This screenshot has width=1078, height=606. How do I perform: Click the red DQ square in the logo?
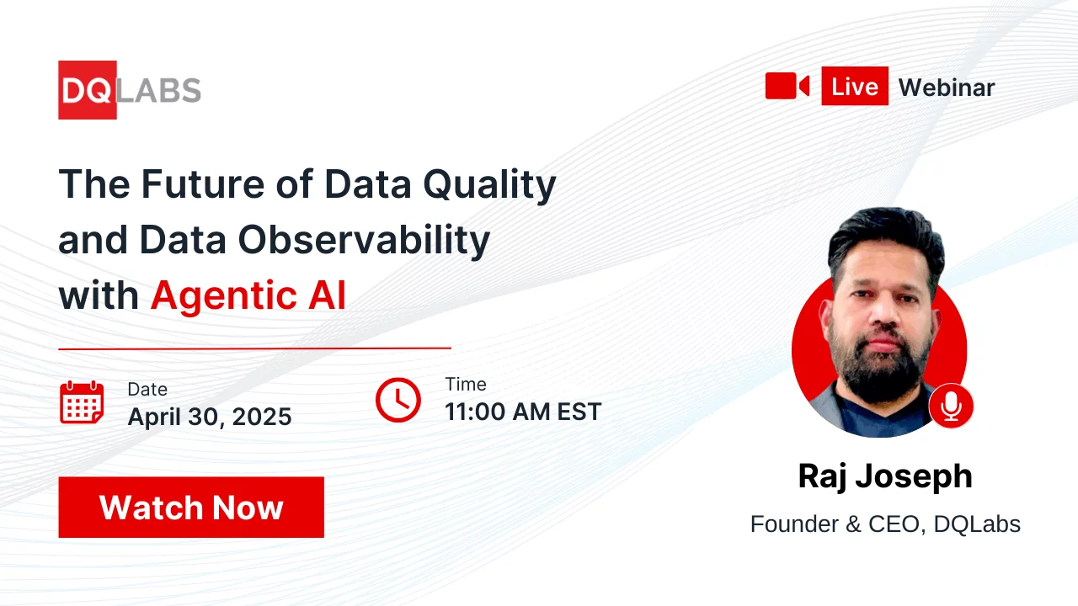tap(87, 90)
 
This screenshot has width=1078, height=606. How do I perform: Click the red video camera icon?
tap(787, 86)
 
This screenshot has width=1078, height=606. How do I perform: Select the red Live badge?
tap(854, 86)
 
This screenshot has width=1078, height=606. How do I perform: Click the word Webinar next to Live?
tap(946, 88)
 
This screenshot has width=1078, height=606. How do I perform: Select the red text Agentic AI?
tap(248, 296)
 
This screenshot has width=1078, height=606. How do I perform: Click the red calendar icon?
tap(82, 402)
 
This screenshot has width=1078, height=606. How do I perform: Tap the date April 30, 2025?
tap(210, 416)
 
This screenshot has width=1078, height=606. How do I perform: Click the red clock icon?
tap(398, 400)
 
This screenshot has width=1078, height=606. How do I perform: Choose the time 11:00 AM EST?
tap(523, 412)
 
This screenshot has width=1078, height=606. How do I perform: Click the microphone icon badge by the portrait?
tap(951, 407)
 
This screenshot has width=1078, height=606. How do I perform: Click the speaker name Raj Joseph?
tap(884, 476)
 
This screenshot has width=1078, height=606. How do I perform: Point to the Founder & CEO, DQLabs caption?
tap(884, 524)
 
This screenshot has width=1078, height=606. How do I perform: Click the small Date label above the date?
tap(147, 389)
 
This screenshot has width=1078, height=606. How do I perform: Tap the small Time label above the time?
tap(466, 385)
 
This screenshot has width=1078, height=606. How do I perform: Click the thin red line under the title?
tap(254, 348)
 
